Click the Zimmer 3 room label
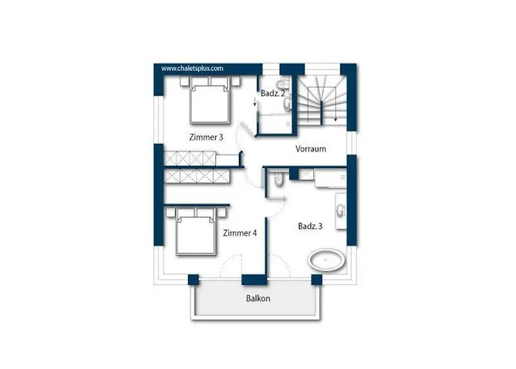point(206,137)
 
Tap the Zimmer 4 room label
point(240,233)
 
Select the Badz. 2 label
point(273,93)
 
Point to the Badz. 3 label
point(310,226)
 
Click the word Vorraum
point(310,148)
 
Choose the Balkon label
point(258,298)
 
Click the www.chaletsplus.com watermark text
point(192,68)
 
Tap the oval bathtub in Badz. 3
point(327,260)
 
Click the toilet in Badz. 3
point(279,179)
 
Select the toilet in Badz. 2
point(282,83)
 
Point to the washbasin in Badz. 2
point(287,103)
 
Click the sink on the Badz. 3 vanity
point(341,211)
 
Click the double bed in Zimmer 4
point(196,231)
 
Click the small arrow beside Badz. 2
point(255,102)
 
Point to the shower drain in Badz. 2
point(288,124)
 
